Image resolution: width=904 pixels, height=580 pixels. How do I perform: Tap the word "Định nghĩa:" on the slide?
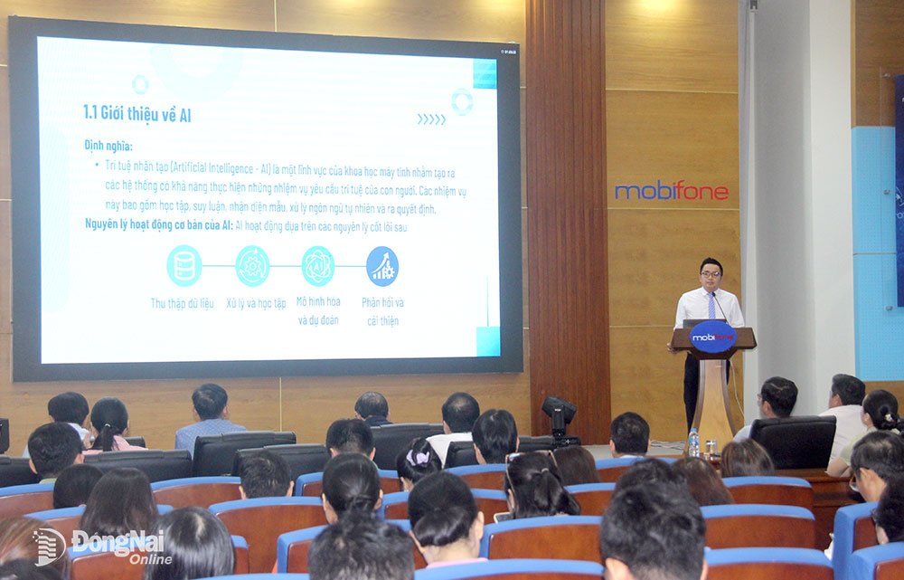click(108, 145)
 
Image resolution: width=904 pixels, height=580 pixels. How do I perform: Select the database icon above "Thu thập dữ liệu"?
click(184, 265)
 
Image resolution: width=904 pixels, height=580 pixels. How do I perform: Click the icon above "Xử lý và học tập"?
click(252, 265)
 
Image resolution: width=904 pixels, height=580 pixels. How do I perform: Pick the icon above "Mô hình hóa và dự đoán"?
click(317, 265)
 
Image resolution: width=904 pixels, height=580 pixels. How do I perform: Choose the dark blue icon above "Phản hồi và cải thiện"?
click(382, 265)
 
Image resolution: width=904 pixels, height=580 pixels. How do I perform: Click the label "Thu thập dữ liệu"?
click(183, 303)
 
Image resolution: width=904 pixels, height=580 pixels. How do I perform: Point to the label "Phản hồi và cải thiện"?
click(382, 310)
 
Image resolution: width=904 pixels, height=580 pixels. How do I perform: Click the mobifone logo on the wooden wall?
click(671, 191)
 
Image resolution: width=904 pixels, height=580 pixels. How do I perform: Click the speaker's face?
click(711, 273)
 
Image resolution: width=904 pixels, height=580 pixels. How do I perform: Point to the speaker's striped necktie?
click(713, 306)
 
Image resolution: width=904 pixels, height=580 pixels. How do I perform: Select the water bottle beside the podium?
click(693, 442)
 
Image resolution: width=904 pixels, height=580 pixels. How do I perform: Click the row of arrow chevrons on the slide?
click(431, 119)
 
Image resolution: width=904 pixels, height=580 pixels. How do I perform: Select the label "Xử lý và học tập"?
click(255, 303)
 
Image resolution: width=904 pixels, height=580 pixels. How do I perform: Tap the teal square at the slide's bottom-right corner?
click(488, 342)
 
